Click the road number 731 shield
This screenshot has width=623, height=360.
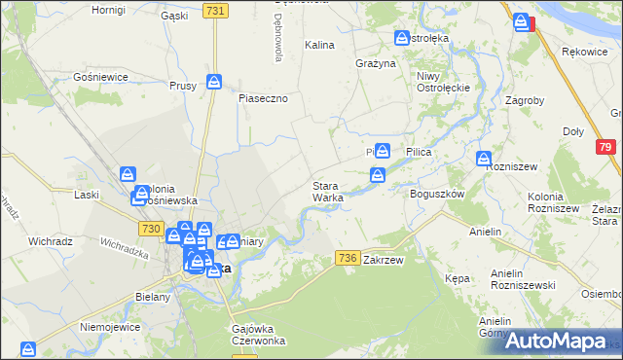(x=216, y=10)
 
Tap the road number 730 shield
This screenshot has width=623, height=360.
(x=150, y=228)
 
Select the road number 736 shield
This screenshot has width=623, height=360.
(x=348, y=257)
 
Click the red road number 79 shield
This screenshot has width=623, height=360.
(x=605, y=146)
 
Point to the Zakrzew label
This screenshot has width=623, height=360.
(x=383, y=261)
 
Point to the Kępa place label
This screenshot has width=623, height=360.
(x=458, y=278)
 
